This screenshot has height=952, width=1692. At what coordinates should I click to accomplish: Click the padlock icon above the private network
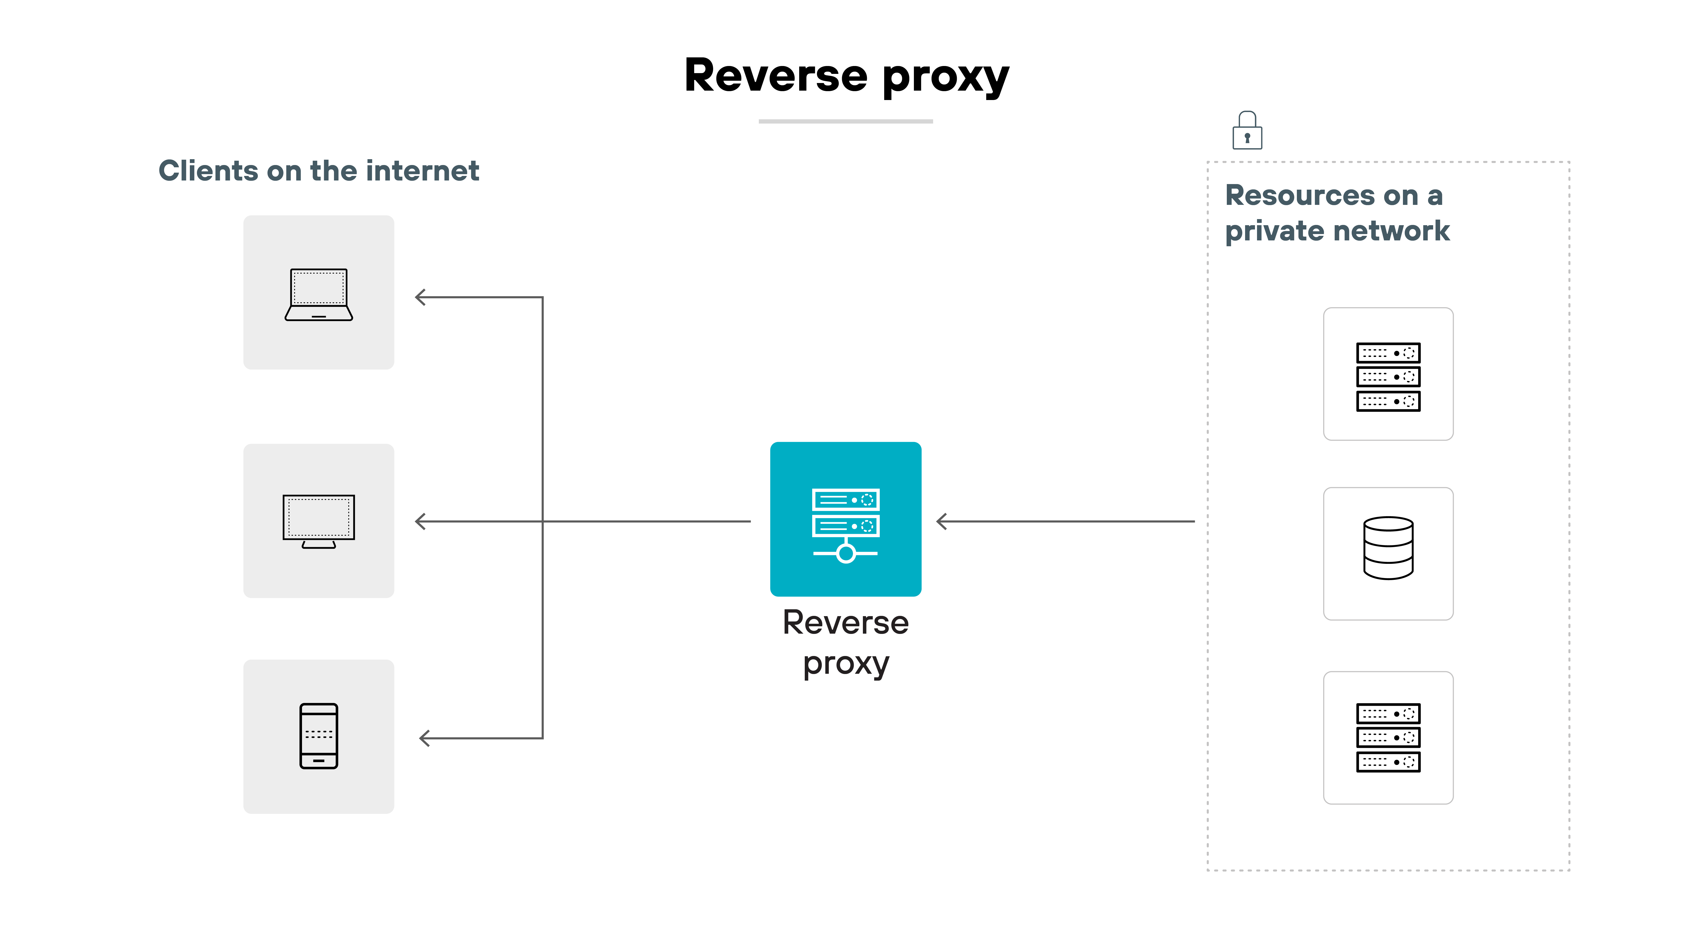click(1247, 131)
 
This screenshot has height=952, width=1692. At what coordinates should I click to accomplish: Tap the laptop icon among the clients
click(319, 294)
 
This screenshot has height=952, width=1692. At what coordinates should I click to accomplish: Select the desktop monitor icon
click(319, 520)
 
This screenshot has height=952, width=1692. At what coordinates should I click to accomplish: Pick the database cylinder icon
click(1388, 548)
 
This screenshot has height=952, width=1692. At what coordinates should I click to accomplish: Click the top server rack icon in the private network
click(1388, 376)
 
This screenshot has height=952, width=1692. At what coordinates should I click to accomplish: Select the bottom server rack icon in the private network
click(1388, 737)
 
